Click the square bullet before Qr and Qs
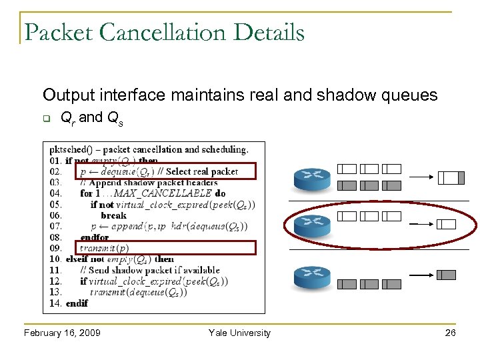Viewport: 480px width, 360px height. coord(47,120)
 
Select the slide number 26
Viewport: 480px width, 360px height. coord(450,333)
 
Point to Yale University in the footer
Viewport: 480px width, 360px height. coord(239,333)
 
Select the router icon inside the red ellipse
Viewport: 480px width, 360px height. coord(308,224)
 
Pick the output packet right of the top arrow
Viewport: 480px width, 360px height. coord(451,177)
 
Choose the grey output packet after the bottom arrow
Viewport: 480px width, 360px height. coord(447,275)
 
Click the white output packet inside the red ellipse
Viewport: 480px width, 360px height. coord(447,225)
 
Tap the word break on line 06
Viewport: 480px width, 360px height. coord(113,215)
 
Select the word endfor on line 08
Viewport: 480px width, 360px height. coord(94,237)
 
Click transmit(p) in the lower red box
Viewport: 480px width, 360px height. coord(104,248)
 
